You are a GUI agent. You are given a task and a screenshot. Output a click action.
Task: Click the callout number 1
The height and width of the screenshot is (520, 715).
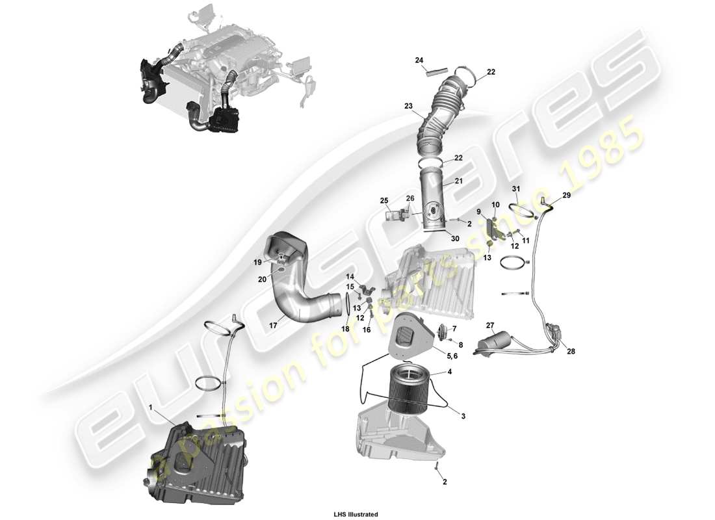[x=151, y=407]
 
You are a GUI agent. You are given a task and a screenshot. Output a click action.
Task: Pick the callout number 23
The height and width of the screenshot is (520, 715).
[x=408, y=106]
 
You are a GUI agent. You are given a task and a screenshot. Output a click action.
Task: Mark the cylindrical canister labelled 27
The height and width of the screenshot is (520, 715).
[x=494, y=343]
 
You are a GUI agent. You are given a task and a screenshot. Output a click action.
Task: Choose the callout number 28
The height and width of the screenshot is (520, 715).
[x=570, y=352]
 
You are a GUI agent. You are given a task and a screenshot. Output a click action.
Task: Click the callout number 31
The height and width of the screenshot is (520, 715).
[x=516, y=189]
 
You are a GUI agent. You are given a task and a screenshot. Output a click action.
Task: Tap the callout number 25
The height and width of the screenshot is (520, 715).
[x=383, y=200]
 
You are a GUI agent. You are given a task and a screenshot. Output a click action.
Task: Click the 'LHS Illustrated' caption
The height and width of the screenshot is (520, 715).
[x=356, y=514]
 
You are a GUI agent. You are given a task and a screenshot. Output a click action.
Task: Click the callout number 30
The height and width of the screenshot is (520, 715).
[x=455, y=239]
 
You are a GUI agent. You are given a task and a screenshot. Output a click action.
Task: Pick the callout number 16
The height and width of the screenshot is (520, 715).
[x=367, y=330]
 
